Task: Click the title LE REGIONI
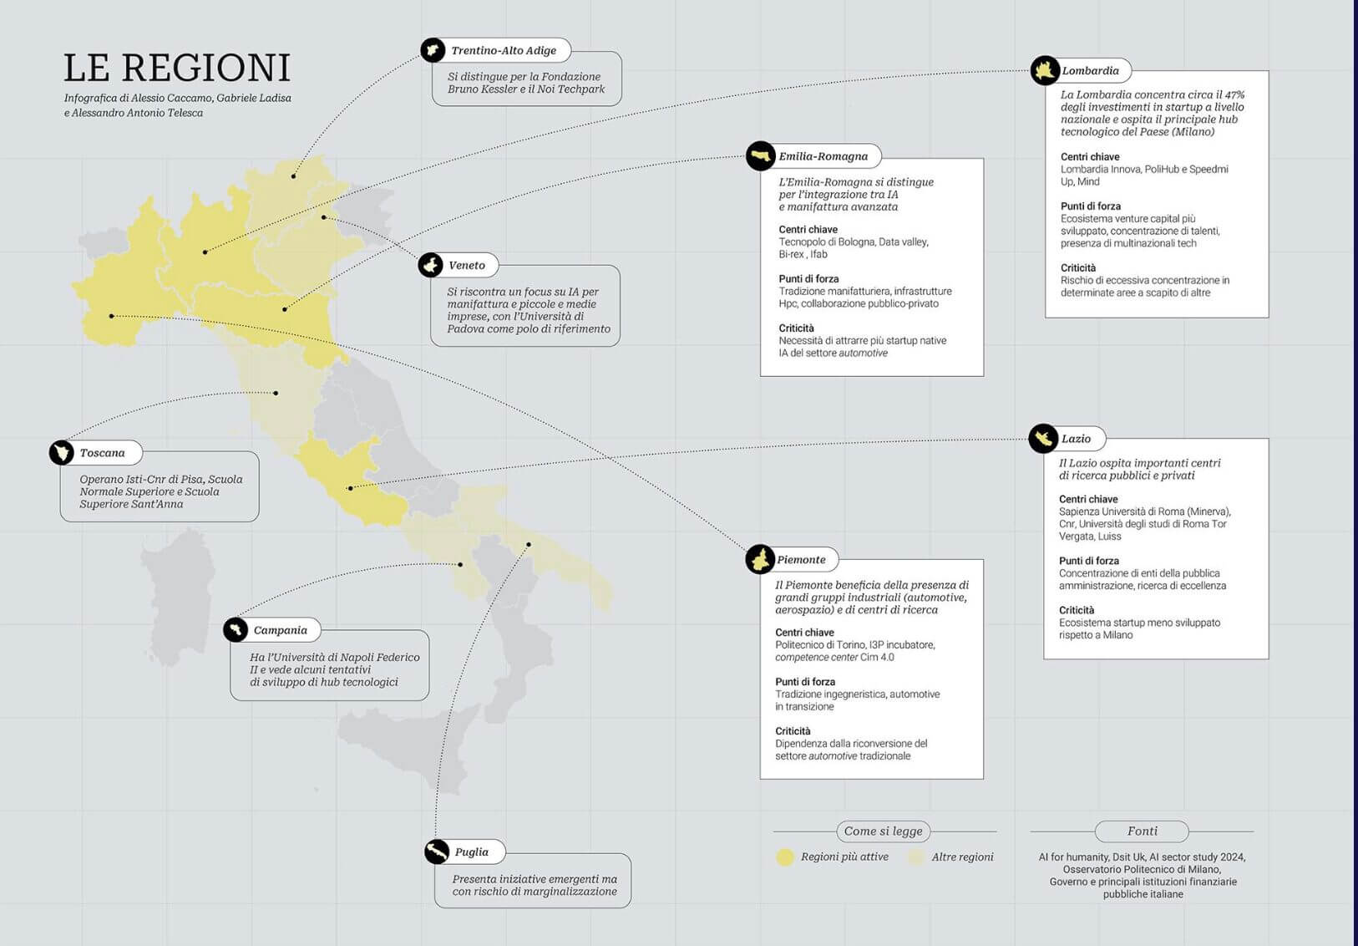(x=177, y=68)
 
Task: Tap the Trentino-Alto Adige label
(x=504, y=50)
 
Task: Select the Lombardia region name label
(x=1090, y=71)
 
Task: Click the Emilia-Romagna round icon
(x=760, y=156)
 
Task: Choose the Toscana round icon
(x=62, y=453)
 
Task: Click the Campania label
(x=280, y=630)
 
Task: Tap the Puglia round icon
(x=437, y=852)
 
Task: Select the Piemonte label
(x=801, y=560)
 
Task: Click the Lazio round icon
(x=1043, y=438)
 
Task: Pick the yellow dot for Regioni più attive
(x=785, y=857)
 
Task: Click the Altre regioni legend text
(x=962, y=857)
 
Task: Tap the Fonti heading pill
(x=1142, y=832)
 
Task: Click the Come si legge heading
(x=883, y=832)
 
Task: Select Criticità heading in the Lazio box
(x=1077, y=611)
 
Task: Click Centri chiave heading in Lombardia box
(x=1090, y=157)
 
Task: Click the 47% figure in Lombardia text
(x=1234, y=95)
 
